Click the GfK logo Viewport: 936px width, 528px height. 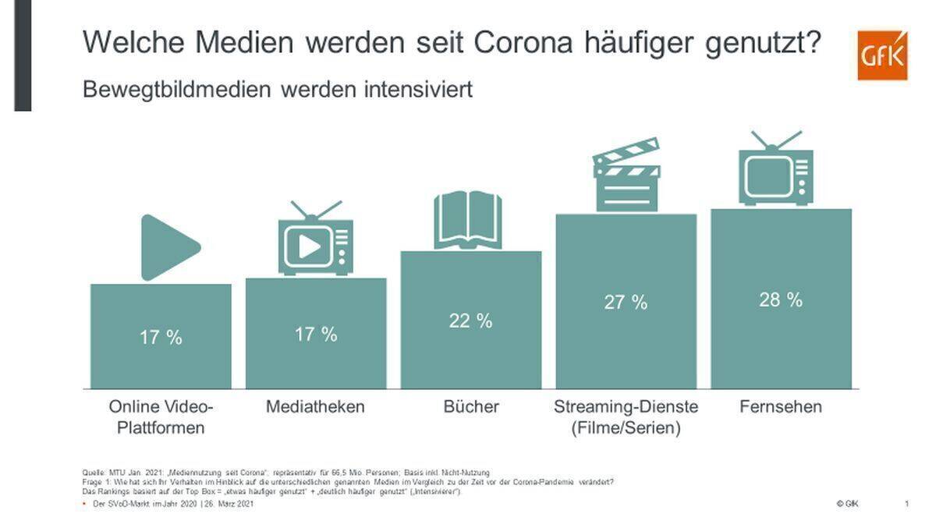[882, 56]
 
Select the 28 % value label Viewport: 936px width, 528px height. [781, 299]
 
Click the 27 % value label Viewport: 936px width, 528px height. [626, 303]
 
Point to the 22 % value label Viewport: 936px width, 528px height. [470, 321]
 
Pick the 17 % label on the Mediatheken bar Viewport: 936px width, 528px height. [316, 335]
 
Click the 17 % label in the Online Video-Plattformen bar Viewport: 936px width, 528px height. [161, 338]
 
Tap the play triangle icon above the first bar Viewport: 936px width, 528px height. [168, 247]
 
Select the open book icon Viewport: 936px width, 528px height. [468, 221]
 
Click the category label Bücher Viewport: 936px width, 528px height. [470, 407]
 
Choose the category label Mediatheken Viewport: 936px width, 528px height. [315, 407]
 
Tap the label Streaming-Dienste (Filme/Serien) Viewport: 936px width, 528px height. [626, 417]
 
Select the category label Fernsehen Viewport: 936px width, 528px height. [781, 407]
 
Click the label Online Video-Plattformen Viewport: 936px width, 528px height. [161, 417]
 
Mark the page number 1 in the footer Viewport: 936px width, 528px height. [906, 505]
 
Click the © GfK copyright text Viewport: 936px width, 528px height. [846, 505]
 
